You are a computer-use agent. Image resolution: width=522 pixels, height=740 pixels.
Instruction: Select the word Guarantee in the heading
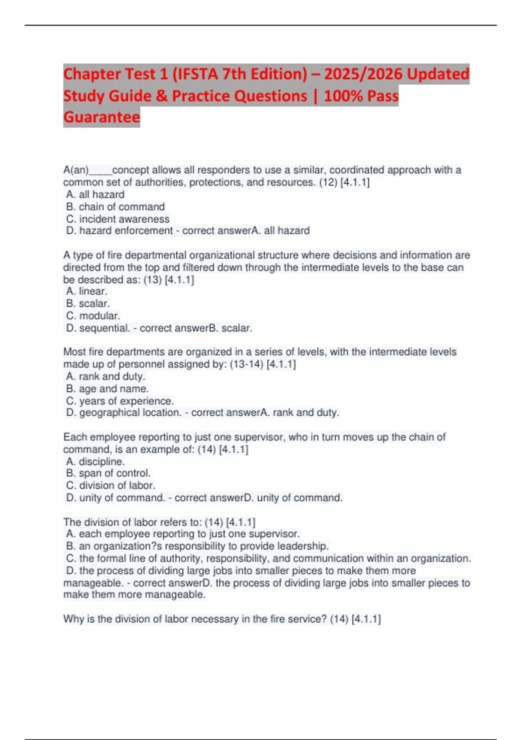102,117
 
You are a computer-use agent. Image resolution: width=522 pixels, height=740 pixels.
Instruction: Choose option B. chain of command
115,207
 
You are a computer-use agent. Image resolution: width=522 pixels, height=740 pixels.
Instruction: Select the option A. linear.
87,291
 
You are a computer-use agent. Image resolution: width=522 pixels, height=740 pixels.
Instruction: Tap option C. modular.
93,316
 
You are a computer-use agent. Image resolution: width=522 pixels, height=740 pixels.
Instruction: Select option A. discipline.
95,461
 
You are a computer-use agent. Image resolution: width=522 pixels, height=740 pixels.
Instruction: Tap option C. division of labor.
110,485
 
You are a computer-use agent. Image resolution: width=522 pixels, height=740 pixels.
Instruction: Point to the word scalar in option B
94,303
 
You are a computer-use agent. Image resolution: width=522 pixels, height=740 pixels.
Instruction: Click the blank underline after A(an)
100,171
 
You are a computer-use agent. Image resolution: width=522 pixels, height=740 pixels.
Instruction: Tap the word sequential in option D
104,328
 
